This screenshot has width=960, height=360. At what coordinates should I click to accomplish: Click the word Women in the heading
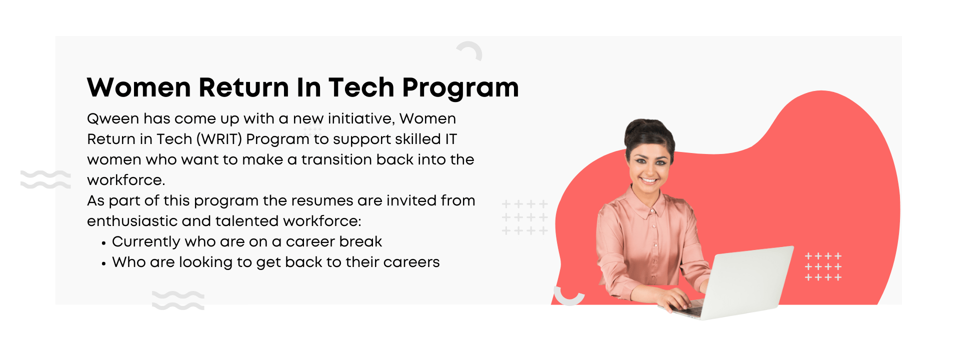point(139,87)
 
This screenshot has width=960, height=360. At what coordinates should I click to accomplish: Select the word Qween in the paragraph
point(113,119)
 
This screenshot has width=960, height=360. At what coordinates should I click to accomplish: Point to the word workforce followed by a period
point(126,180)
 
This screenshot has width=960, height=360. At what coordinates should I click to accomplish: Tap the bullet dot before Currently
point(103,243)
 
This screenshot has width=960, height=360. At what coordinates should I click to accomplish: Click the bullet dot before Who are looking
point(103,264)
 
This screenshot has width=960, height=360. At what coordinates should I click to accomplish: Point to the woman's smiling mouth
point(648,179)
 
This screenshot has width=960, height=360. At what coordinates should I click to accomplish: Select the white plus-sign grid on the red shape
point(823,266)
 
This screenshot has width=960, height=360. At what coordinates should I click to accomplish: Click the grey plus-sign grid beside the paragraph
point(525,217)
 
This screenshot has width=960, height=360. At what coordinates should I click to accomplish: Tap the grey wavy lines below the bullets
point(178,300)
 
